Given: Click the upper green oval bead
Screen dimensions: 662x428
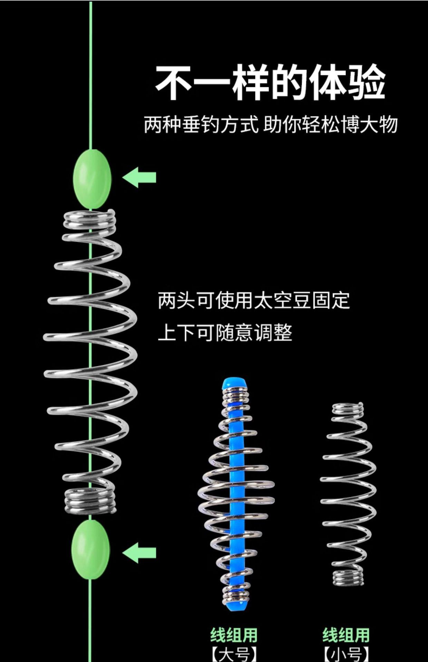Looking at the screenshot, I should tap(92, 178).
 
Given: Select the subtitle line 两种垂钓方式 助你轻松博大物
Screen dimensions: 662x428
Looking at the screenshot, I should tap(271, 125).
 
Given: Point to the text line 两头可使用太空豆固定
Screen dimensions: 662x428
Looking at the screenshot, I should tap(254, 300).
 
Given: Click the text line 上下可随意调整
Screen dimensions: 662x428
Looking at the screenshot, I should tap(225, 333).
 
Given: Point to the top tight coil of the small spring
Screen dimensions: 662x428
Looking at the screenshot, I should tap(348, 409).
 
